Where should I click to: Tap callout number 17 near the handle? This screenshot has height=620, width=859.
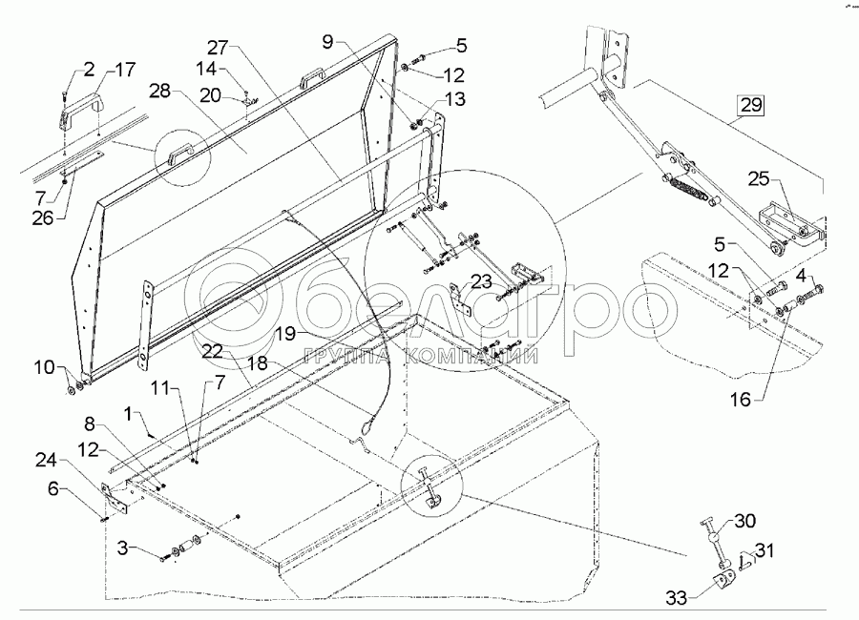(x=126, y=70)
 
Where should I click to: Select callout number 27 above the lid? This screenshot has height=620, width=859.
(x=219, y=48)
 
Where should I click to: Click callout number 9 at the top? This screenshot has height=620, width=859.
(x=328, y=42)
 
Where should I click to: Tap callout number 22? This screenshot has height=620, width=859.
(x=213, y=351)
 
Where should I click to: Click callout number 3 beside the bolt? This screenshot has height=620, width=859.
(x=123, y=550)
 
